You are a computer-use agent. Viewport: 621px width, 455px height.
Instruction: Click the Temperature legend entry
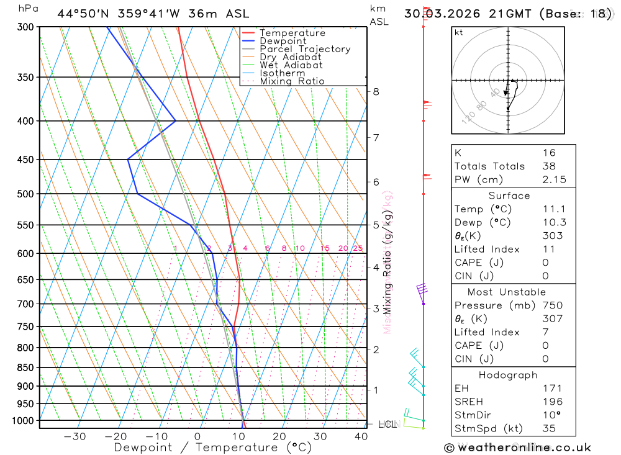(x=292, y=33)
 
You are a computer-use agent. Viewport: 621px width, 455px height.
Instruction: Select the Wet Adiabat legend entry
(x=291, y=65)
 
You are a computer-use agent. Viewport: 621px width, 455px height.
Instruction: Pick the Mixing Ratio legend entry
(x=292, y=81)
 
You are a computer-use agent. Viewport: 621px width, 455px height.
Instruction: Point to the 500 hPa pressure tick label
(x=25, y=194)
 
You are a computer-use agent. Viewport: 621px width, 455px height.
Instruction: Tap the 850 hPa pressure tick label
(x=25, y=367)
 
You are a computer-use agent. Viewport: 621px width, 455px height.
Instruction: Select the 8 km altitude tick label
(x=376, y=92)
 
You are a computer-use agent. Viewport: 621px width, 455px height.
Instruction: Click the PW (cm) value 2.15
(x=549, y=179)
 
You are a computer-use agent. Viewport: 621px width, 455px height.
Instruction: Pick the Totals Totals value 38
(x=549, y=166)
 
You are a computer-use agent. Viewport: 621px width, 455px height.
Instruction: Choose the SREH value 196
(x=549, y=402)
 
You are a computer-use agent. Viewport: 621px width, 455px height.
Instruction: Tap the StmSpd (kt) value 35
(x=549, y=428)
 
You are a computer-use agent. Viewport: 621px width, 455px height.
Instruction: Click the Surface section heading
(x=509, y=196)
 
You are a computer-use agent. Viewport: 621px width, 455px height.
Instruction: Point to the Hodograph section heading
(x=509, y=375)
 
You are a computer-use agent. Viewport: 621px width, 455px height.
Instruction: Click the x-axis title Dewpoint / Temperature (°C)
(x=212, y=447)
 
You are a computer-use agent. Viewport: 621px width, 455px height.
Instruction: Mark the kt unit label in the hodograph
(x=459, y=33)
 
